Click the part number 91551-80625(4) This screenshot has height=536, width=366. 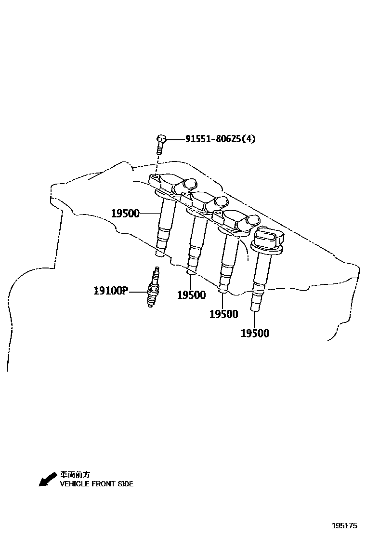[221, 139]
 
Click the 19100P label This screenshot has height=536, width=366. [111, 291]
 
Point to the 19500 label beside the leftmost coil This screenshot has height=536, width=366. [125, 214]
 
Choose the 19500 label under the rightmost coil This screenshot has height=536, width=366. [255, 333]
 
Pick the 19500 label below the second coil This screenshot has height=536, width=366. [191, 295]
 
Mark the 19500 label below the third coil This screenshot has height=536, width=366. [223, 314]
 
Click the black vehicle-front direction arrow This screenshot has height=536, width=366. [47, 480]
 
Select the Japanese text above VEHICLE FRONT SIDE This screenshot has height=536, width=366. [75, 475]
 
